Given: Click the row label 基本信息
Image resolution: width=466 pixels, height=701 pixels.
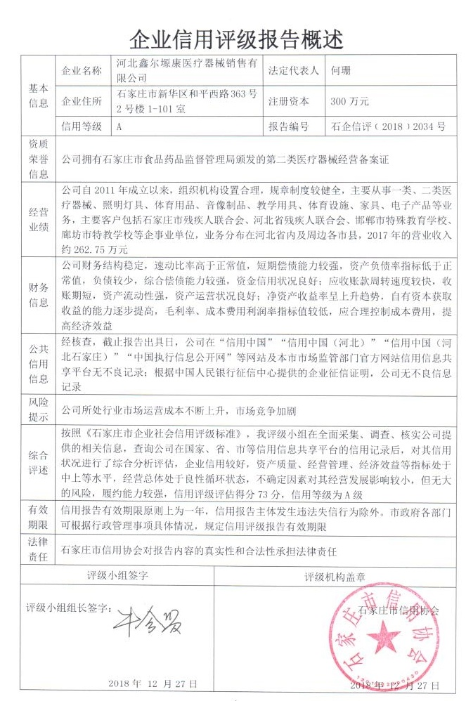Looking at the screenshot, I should tap(38, 96).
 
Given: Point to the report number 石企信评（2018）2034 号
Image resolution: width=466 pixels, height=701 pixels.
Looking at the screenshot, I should tap(387, 127).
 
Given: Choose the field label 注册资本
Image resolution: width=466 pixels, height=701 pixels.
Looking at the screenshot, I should tap(288, 102).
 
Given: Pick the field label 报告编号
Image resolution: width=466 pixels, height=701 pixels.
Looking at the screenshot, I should tap(288, 127).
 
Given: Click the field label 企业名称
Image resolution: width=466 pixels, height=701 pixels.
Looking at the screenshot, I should tap(82, 71).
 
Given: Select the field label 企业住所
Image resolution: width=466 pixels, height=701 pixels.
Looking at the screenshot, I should tap(82, 102).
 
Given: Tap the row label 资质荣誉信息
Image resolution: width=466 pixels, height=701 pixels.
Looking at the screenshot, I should tap(38, 159).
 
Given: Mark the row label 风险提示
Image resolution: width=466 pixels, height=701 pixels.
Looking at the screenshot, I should tap(38, 410).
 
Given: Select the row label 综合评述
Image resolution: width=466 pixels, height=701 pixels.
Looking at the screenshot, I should tap(38, 461).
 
